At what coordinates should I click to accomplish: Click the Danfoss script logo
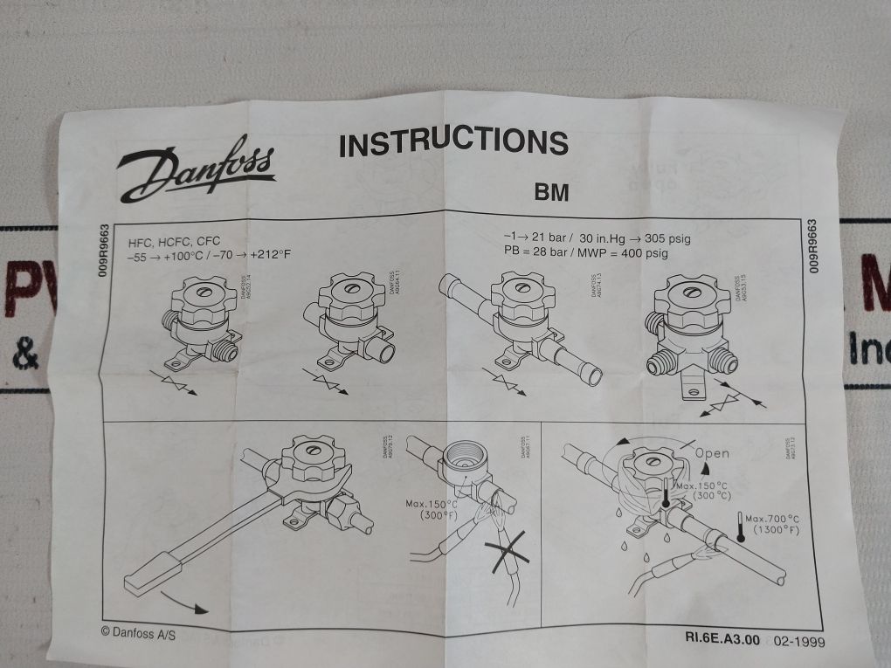(x=197, y=172)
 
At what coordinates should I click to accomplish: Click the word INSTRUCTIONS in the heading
(x=452, y=142)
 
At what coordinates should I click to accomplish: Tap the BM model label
(x=550, y=192)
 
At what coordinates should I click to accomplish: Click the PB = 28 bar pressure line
(x=585, y=252)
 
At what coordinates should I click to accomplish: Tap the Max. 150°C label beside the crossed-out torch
(x=432, y=510)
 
